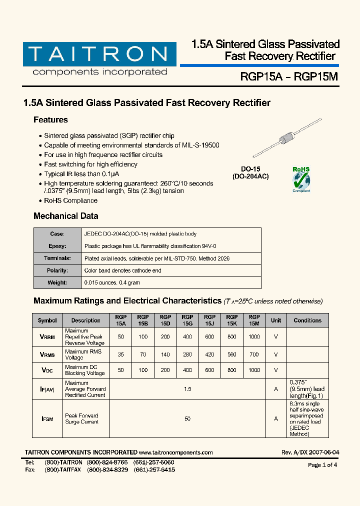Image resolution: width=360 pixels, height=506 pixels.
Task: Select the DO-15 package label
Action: [x=250, y=173]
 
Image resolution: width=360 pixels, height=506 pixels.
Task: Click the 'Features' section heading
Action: [x=50, y=120]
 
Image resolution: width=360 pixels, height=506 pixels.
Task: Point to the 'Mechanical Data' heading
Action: [x=65, y=216]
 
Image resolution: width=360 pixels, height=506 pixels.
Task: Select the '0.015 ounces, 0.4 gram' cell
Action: [x=112, y=282]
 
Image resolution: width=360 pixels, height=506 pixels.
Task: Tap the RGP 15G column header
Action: [x=187, y=320]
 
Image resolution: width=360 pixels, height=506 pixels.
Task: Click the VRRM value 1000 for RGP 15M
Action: [x=254, y=337]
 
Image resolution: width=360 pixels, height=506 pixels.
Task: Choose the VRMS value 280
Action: [x=187, y=354]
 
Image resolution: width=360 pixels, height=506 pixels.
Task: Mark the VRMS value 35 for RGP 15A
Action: [x=120, y=354]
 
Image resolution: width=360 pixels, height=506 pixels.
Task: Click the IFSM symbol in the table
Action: [x=47, y=419]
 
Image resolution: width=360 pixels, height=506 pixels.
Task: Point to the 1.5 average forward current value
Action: [x=187, y=389]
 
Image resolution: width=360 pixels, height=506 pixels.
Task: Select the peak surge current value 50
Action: [x=187, y=419]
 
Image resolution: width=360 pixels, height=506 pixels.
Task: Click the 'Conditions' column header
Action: [x=307, y=320]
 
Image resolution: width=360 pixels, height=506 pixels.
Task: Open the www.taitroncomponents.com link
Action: [x=176, y=452]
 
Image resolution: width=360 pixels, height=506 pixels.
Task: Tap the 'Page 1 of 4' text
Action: [x=322, y=465]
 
